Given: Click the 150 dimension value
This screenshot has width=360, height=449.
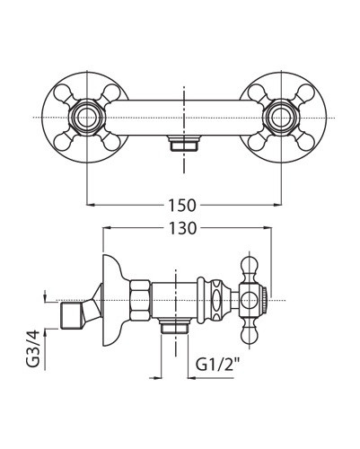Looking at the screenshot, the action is click(x=182, y=206).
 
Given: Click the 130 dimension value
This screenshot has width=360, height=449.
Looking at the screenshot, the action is click(x=182, y=228).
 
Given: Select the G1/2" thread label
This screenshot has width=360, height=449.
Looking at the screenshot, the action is click(x=219, y=365).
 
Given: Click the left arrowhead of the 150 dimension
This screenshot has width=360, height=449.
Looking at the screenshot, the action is click(x=91, y=205).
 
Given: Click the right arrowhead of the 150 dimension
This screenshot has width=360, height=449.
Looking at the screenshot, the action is click(x=278, y=205).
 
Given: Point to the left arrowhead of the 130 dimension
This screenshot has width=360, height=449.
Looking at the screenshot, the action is click(x=107, y=228).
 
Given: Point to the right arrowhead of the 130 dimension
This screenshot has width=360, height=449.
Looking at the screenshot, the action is click(x=268, y=228).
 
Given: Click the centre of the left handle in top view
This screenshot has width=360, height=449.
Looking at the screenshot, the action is click(x=87, y=118).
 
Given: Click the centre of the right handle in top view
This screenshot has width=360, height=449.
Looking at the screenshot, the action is click(x=282, y=118).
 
